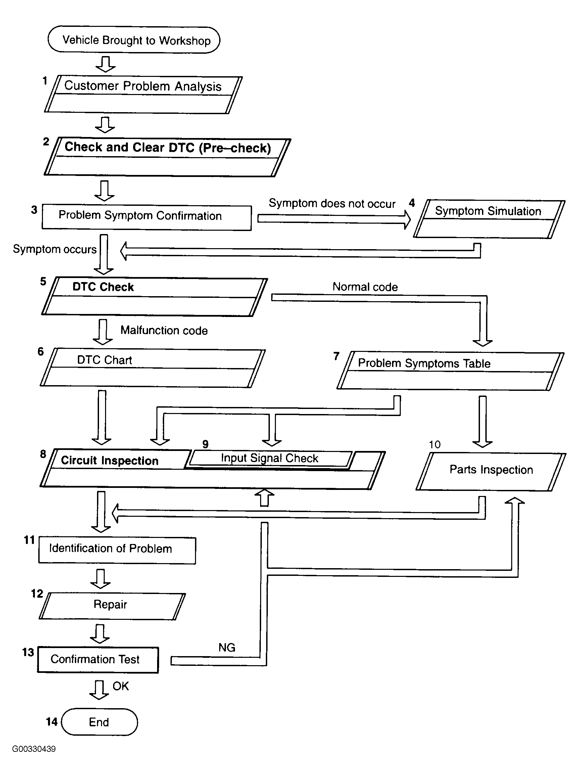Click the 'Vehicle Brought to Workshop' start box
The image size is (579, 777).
(134, 40)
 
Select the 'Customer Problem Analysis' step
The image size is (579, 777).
(143, 94)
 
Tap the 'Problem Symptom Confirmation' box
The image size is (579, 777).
(146, 217)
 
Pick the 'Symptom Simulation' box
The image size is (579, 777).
(489, 219)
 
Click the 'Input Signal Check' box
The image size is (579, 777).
(269, 458)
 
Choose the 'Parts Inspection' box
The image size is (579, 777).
(491, 471)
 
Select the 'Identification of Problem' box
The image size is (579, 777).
(117, 550)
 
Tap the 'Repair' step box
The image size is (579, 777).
(111, 605)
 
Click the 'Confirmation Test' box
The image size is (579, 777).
(98, 659)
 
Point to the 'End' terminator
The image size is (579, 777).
(99, 722)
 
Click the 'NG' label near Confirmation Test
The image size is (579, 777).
(227, 647)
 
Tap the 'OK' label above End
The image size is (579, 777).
(120, 686)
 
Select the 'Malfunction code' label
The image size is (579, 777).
(164, 330)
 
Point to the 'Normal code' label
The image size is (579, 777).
(365, 287)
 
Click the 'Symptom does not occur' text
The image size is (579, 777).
(332, 203)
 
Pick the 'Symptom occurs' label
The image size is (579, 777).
(55, 249)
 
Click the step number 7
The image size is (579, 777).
(336, 356)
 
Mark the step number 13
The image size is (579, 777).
(28, 652)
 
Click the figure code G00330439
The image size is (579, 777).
(34, 749)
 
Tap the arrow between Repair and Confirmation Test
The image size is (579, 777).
(100, 633)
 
